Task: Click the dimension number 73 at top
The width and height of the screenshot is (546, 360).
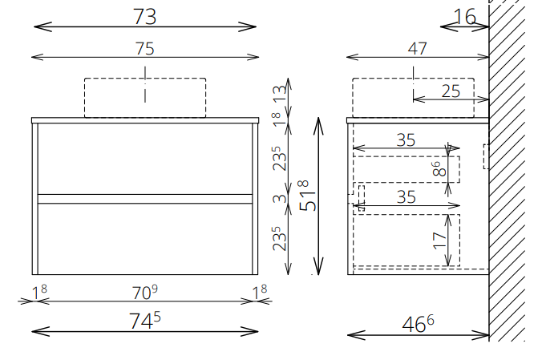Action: pos(144,16)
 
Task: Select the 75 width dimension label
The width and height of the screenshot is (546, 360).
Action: pos(145,48)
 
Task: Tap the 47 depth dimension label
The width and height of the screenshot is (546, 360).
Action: pos(417,48)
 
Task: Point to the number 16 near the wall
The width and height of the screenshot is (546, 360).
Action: pos(464,17)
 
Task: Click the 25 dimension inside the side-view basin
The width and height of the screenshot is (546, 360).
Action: pos(451,91)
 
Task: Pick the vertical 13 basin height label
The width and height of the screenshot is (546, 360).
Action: pos(280,93)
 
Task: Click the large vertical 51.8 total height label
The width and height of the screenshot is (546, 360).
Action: pos(308,196)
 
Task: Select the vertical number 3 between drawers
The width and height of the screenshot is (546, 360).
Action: pos(280,199)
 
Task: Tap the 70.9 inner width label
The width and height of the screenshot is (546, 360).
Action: pos(145,292)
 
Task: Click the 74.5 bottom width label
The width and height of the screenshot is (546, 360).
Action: pos(145,320)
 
